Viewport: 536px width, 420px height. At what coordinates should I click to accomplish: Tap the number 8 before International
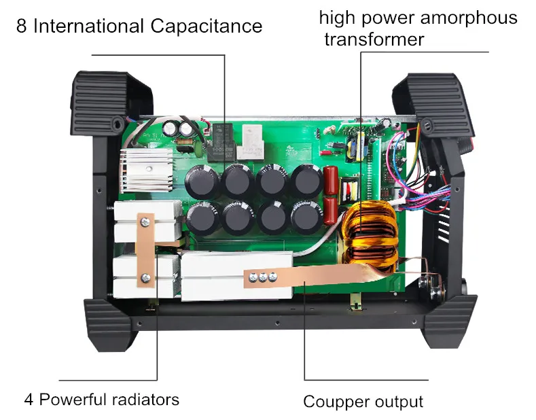22,27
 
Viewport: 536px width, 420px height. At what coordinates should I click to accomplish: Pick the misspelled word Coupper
330,402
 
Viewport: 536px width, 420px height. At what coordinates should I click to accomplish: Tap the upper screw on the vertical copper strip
143,221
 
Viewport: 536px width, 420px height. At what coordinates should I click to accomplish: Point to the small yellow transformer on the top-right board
357,145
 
